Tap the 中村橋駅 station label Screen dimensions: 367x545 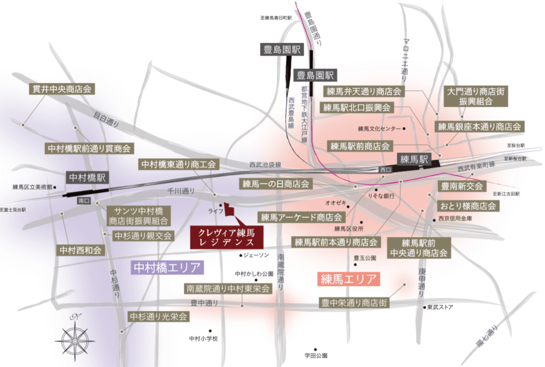click(x=87, y=177)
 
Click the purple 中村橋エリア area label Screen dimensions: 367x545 click(x=167, y=267)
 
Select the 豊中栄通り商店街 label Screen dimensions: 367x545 click(x=355, y=303)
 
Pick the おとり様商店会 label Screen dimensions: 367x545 click(x=469, y=206)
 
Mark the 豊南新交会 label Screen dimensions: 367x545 click(x=462, y=186)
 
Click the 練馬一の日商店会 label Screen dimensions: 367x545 click(x=276, y=183)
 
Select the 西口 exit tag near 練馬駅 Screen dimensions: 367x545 click(x=386, y=170)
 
